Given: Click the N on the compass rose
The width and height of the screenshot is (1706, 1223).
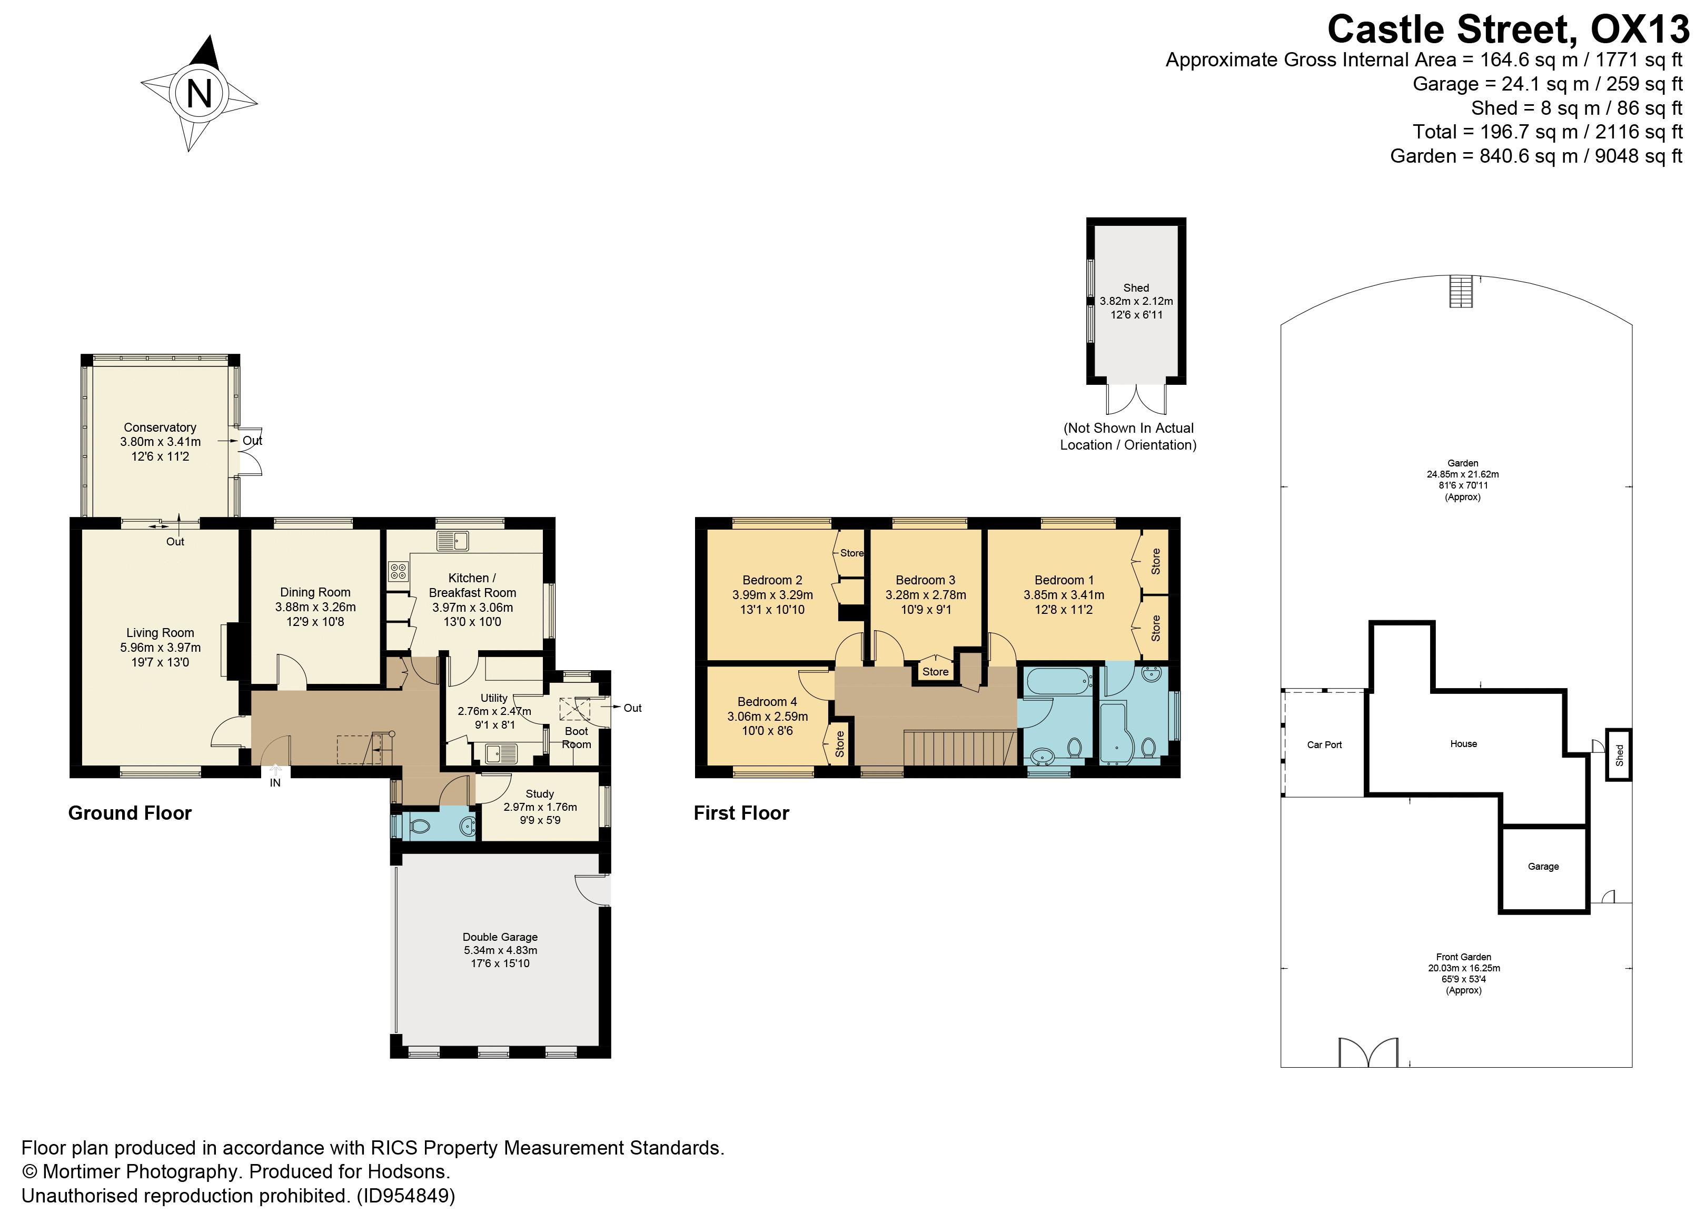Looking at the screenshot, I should click(x=199, y=94).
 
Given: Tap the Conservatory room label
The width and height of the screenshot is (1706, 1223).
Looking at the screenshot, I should click(x=160, y=427).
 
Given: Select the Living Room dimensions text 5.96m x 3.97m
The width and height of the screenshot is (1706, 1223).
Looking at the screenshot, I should click(x=160, y=648).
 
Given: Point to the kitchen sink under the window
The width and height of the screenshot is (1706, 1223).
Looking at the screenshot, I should click(x=453, y=540).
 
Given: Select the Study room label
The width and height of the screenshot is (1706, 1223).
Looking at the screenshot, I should click(x=539, y=793).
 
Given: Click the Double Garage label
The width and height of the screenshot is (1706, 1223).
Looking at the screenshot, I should click(x=500, y=937).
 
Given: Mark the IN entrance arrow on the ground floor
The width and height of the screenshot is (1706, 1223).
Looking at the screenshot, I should click(x=275, y=772).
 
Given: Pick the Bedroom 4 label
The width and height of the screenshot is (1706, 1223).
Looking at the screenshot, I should click(x=767, y=702).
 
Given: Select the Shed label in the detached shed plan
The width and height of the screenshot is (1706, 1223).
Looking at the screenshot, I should click(x=1136, y=288).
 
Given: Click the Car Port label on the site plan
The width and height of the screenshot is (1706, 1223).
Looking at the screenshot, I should click(x=1324, y=744).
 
